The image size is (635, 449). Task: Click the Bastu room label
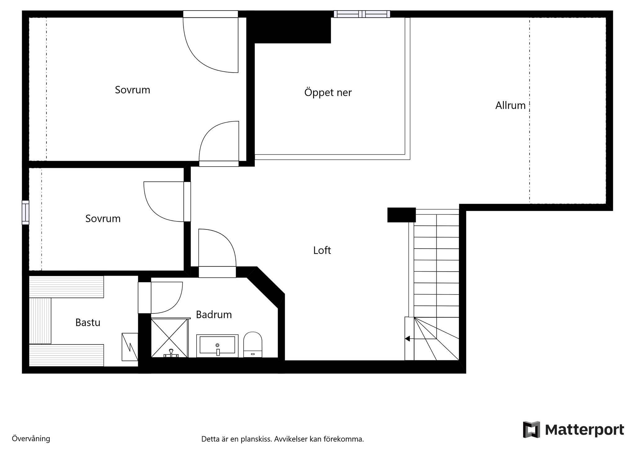pos(88,322)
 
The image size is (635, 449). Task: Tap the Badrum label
pos(214,315)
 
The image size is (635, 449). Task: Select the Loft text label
pos(322,250)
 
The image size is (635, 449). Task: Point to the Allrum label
pos(510,105)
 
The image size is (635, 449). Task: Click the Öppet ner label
pos(328,92)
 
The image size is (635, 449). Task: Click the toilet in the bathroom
pos(253,345)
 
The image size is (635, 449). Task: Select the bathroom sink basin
pos(217,346)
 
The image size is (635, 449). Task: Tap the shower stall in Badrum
pos(170,338)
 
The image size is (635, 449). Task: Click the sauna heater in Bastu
pos(130,347)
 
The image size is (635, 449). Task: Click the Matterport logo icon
pos(531,429)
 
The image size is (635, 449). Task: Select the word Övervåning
pos(31,438)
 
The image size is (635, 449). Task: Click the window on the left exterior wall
pos(25,212)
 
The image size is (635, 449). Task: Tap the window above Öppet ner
pos(362,14)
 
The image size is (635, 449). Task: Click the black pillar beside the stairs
pos(402,215)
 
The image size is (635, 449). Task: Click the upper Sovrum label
pos(132,90)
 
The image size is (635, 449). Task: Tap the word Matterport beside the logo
pos(584,430)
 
